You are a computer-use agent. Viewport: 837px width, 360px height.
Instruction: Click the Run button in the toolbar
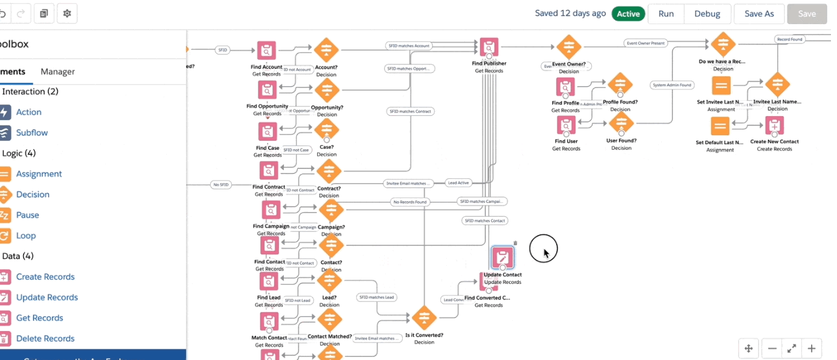coord(665,14)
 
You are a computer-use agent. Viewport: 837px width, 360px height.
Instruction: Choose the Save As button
coord(758,14)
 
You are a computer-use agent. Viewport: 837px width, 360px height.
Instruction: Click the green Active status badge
coord(628,14)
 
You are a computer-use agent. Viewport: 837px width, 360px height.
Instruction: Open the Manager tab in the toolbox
coord(57,71)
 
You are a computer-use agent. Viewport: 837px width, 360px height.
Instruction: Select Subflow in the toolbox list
coord(31,133)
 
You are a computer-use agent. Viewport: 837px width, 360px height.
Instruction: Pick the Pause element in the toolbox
coord(27,215)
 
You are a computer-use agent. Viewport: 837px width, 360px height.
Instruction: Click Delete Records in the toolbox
coord(45,338)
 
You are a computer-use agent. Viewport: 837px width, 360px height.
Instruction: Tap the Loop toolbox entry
coord(26,236)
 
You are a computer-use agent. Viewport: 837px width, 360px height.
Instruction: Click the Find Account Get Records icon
coord(266,51)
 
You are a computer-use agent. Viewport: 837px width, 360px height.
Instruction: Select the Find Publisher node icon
coord(489,47)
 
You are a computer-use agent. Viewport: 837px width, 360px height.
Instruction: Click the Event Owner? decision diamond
coord(568,47)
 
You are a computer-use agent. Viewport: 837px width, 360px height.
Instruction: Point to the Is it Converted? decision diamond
coord(424,318)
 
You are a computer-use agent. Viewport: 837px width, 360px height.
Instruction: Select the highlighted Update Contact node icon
coord(502,258)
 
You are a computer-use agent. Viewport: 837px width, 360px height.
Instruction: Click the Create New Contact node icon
coord(774,126)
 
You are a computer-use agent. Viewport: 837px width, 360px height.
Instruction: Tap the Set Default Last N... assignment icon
coord(720,126)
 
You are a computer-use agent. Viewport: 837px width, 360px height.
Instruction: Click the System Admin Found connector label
coord(672,85)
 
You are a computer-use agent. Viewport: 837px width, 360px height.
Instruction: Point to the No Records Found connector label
coord(409,202)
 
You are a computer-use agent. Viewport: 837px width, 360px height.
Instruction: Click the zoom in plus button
coord(812,349)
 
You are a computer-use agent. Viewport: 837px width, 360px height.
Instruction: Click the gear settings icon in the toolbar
coord(66,13)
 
